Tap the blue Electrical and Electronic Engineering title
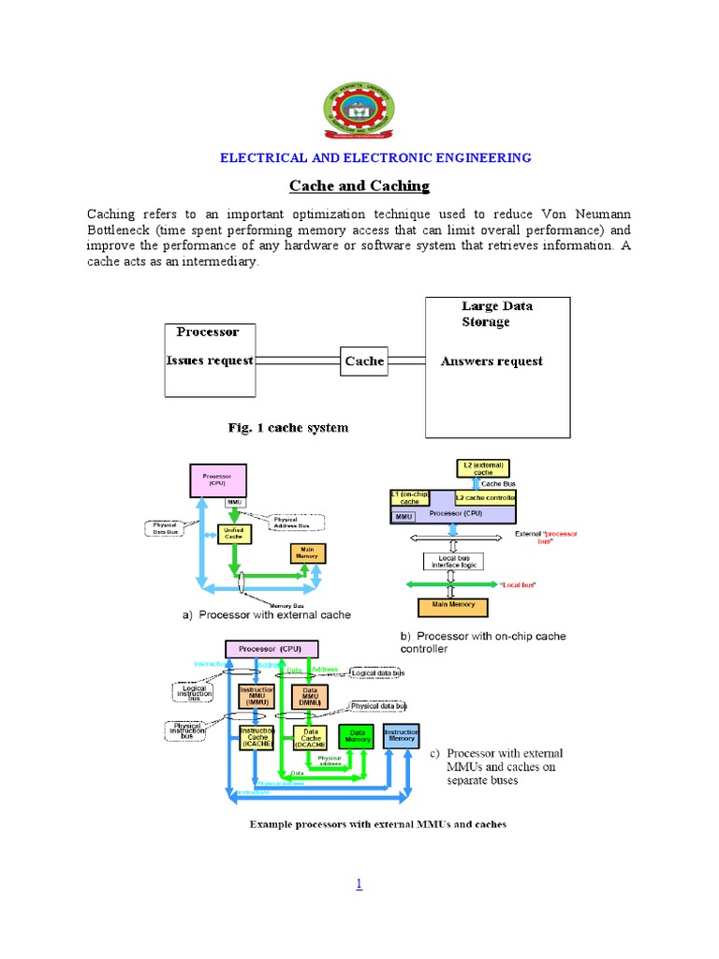pyautogui.click(x=375, y=157)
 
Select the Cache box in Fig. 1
pyautogui.click(x=364, y=361)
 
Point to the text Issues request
pyautogui.click(x=210, y=361)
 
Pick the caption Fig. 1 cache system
pyautogui.click(x=288, y=428)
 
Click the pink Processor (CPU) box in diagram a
pyautogui.click(x=218, y=480)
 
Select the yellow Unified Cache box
pyautogui.click(x=233, y=534)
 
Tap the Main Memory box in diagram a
pyautogui.click(x=306, y=553)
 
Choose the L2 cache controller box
pyautogui.click(x=485, y=497)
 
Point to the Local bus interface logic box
pyautogui.click(x=452, y=561)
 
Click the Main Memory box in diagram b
pyautogui.click(x=453, y=605)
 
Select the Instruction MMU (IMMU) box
pyautogui.click(x=257, y=696)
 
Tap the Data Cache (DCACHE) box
pyautogui.click(x=309, y=737)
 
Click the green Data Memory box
pyautogui.click(x=356, y=736)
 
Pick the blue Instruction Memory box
pyautogui.click(x=401, y=734)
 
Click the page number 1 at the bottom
pyautogui.click(x=359, y=884)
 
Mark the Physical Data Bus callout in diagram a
pyautogui.click(x=165, y=528)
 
